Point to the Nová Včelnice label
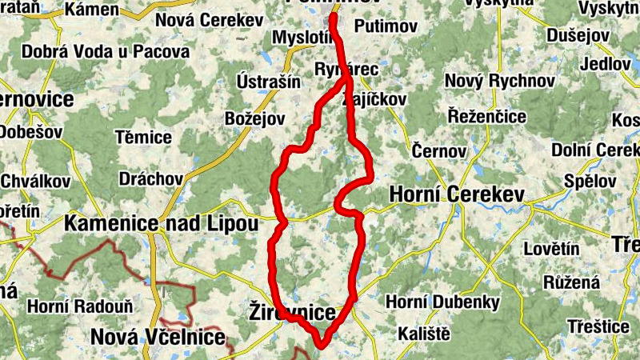158,337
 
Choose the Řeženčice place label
486,117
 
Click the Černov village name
438,150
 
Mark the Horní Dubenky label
442,302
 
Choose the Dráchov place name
150,178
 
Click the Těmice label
144,137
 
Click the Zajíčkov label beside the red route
374,99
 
